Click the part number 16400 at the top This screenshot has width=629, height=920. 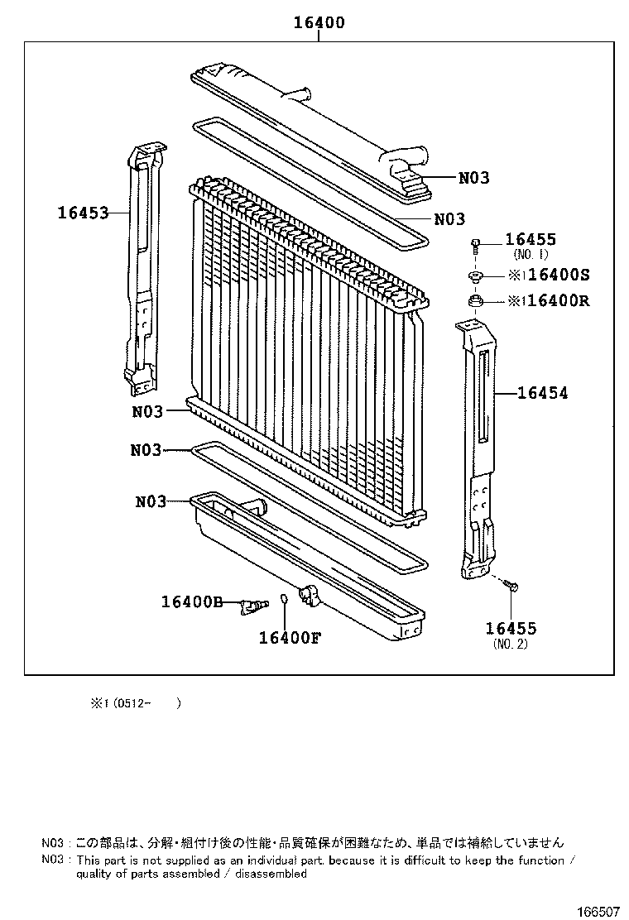[319, 23]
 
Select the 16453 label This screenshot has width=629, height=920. [83, 213]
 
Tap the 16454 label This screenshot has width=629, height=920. [543, 394]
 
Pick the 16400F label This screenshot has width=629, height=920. [290, 637]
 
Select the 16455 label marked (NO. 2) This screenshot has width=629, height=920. [511, 629]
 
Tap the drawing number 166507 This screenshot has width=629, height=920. [598, 912]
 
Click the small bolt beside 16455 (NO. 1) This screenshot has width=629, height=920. [477, 244]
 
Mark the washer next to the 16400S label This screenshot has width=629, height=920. [476, 276]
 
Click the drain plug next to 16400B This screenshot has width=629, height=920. [253, 607]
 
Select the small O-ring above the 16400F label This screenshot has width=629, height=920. [284, 599]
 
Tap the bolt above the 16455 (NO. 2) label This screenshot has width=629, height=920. [511, 586]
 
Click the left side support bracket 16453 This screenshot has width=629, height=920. [142, 265]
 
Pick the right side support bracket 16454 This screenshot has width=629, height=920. [478, 447]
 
